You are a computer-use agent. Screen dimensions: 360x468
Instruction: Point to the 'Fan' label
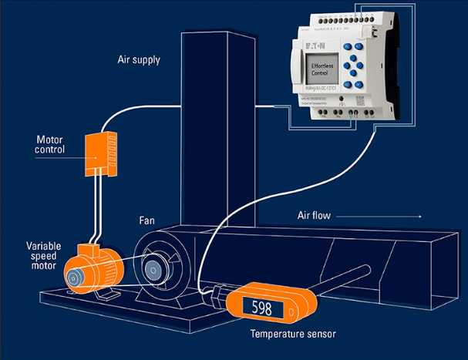pos(146,220)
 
